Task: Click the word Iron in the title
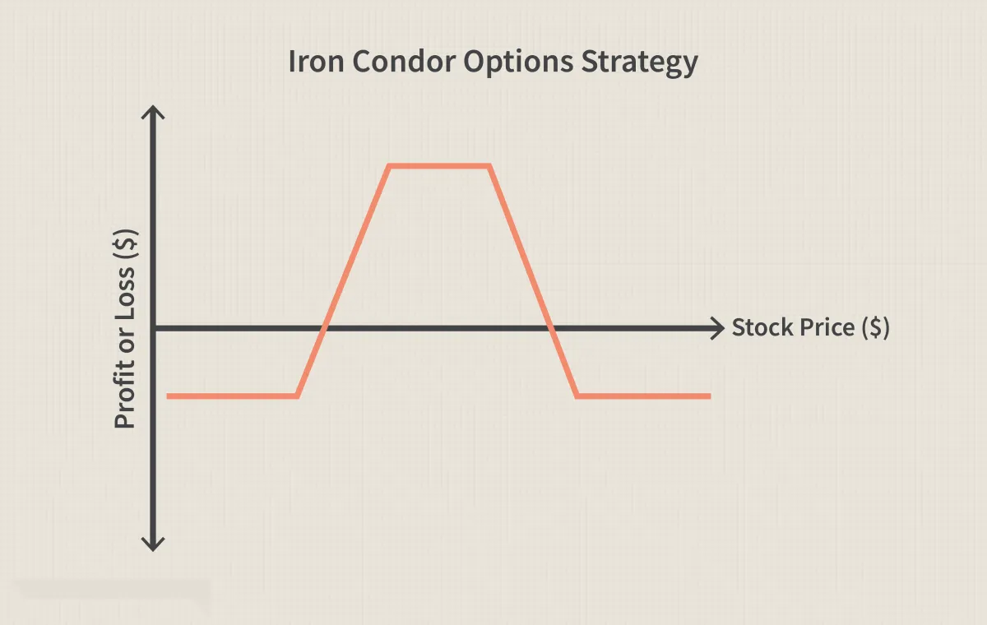pyautogui.click(x=316, y=61)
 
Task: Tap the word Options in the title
pyautogui.click(x=518, y=62)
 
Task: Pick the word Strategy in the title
pyautogui.click(x=640, y=63)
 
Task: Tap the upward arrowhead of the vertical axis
pyautogui.click(x=153, y=112)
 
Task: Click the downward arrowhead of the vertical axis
pyautogui.click(x=153, y=544)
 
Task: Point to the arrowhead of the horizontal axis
pyautogui.click(x=718, y=328)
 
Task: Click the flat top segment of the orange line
pyautogui.click(x=439, y=166)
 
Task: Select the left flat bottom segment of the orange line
pyautogui.click(x=232, y=396)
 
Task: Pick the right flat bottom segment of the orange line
pyautogui.click(x=643, y=396)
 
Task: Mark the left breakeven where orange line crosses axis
pyautogui.click(x=324, y=328)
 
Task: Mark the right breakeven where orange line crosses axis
pyautogui.click(x=550, y=328)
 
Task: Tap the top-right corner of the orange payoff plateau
pyautogui.click(x=489, y=166)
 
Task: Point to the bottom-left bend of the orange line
pyautogui.click(x=298, y=396)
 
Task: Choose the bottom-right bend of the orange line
pyautogui.click(x=577, y=396)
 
